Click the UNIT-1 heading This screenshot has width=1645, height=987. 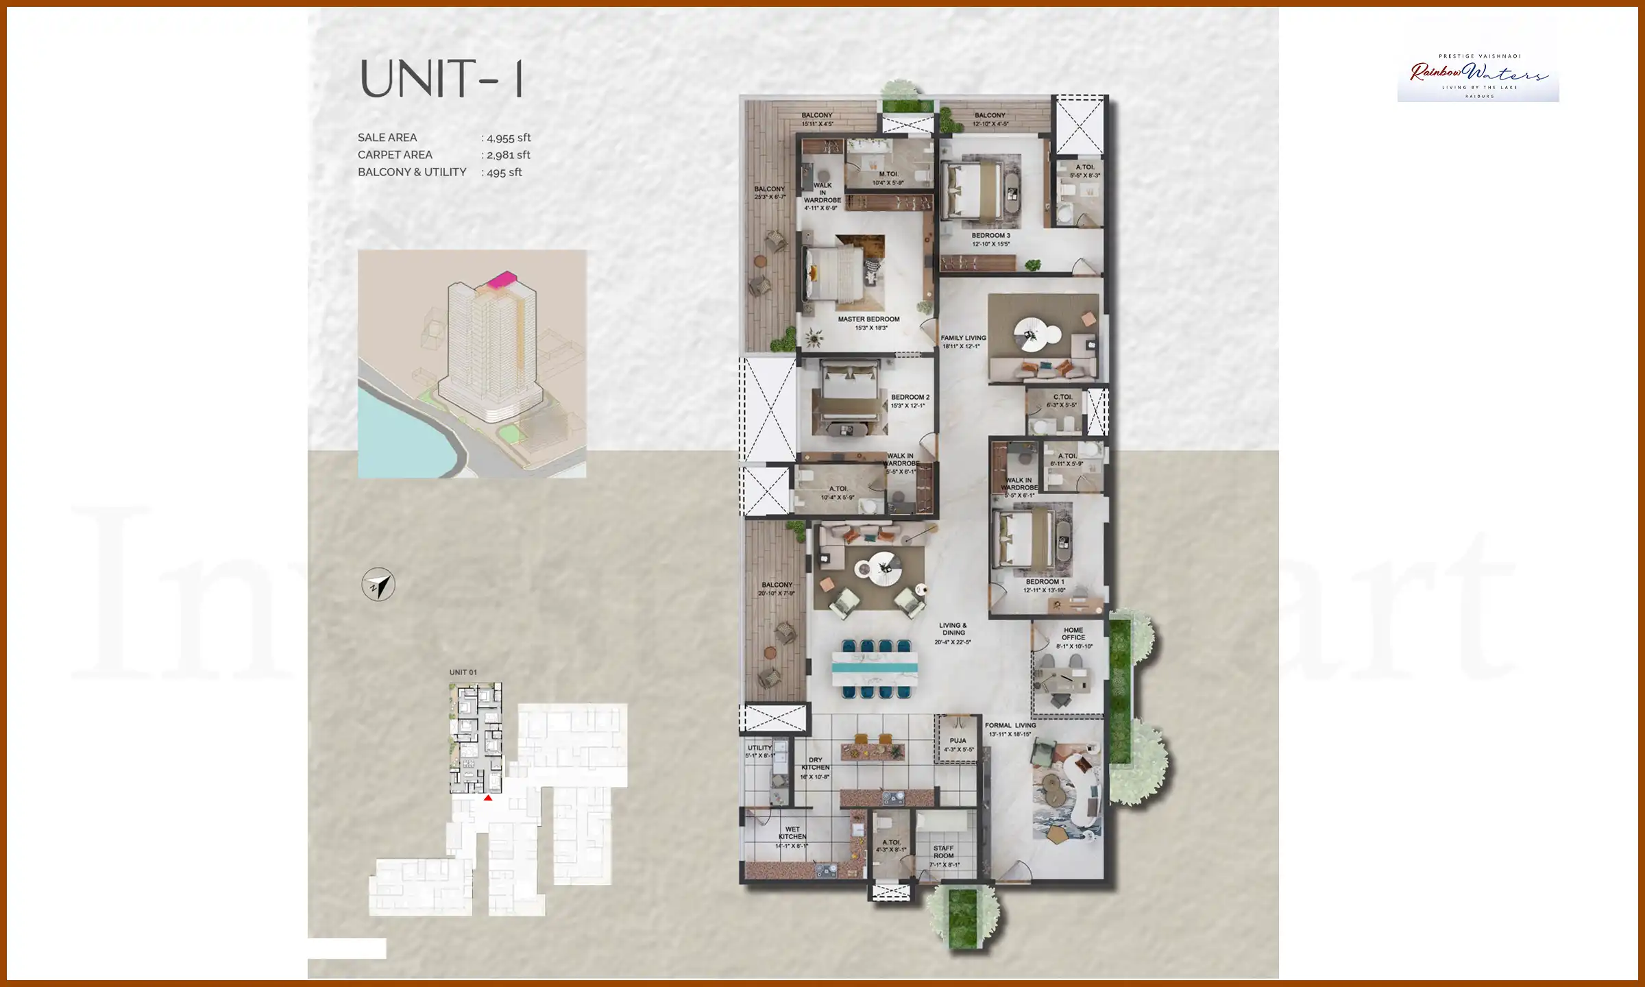tap(443, 79)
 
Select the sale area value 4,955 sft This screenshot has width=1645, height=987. tap(508, 138)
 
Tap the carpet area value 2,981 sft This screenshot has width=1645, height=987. tap(508, 155)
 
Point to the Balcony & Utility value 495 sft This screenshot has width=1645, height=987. tap(504, 172)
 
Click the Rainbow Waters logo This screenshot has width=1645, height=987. tap(1478, 75)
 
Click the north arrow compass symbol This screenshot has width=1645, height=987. tap(378, 585)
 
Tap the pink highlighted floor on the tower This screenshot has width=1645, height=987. tap(502, 278)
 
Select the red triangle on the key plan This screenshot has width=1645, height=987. tap(488, 798)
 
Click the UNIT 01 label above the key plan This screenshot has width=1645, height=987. tap(463, 672)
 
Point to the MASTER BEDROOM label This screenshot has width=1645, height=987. tap(868, 319)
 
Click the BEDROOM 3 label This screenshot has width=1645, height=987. tap(990, 236)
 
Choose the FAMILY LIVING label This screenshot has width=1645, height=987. tap(963, 338)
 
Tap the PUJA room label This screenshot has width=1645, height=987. tap(958, 741)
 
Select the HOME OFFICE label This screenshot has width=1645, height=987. tap(1073, 634)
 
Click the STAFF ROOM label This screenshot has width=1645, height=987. tap(943, 852)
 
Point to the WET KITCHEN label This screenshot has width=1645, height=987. tap(792, 833)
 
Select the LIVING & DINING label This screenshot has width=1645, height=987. tap(953, 629)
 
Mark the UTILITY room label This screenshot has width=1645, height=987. tap(759, 748)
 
